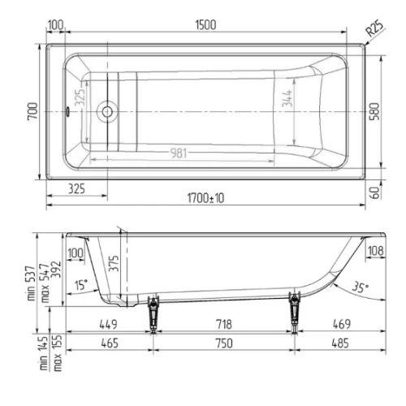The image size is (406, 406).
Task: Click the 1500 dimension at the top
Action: click(x=205, y=25)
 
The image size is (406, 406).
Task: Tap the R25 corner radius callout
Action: click(x=375, y=28)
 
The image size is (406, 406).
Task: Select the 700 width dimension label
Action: click(x=32, y=111)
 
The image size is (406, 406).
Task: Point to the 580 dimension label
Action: click(x=374, y=111)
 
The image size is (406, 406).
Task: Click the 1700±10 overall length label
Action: click(x=205, y=198)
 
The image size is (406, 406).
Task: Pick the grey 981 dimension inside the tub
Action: click(x=179, y=153)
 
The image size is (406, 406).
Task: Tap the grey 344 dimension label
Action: click(x=287, y=98)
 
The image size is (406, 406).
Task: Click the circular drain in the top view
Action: click(x=107, y=111)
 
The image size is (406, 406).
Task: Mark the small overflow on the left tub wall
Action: click(x=67, y=111)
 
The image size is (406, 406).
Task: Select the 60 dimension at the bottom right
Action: click(x=375, y=192)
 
